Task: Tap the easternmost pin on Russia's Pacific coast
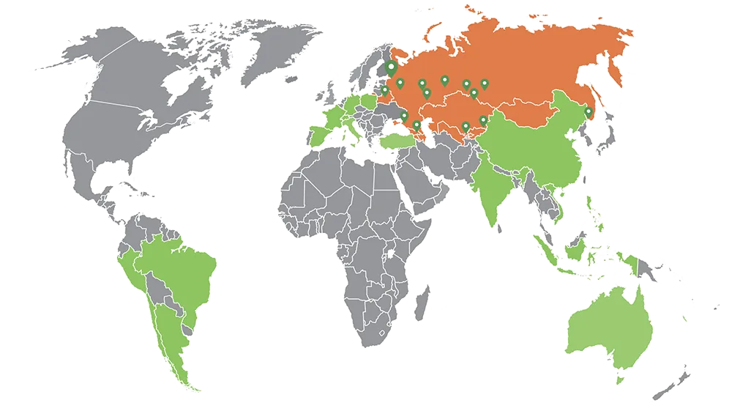coord(588,113)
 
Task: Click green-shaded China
coord(542,143)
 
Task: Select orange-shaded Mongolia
coord(523,110)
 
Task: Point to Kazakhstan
coord(454,110)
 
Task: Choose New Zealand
coord(677,377)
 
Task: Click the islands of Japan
coord(604,136)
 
